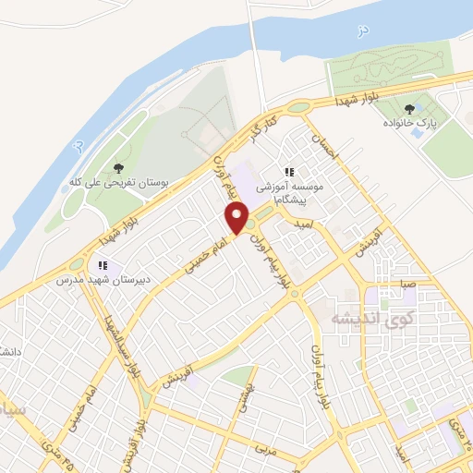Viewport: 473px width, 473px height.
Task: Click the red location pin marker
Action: [237, 219]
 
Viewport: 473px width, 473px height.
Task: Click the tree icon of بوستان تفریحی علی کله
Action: [117, 167]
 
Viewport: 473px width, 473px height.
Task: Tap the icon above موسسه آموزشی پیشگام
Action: [289, 172]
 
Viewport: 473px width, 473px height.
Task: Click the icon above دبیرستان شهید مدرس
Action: [103, 266]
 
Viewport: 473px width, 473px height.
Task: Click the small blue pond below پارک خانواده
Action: [418, 133]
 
